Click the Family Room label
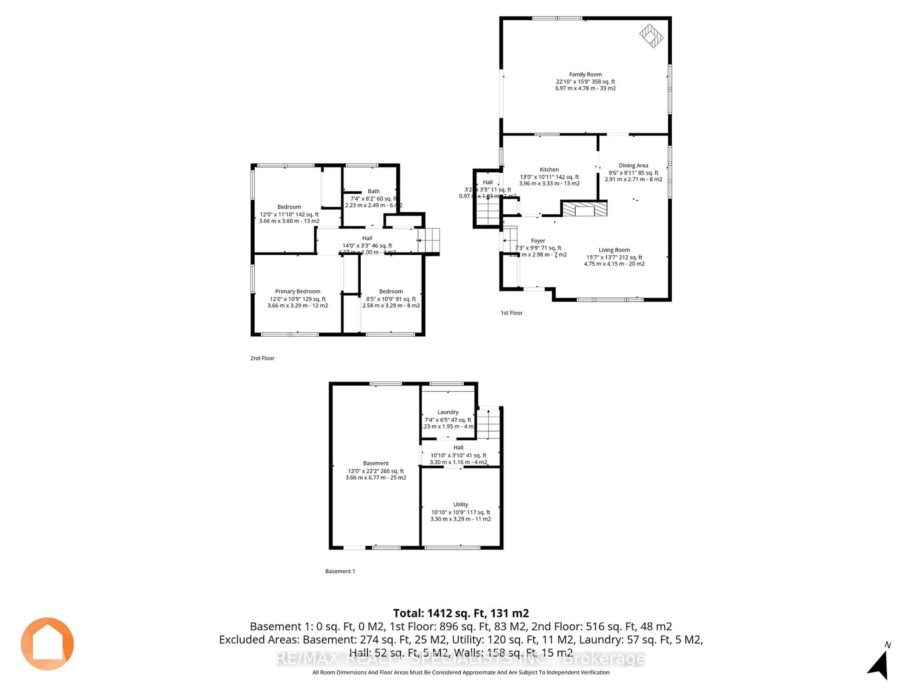pyautogui.click(x=585, y=75)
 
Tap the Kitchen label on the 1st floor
pyautogui.click(x=549, y=170)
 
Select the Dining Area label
pyautogui.click(x=633, y=165)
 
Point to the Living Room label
pyautogui.click(x=614, y=250)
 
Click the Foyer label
pyautogui.click(x=538, y=241)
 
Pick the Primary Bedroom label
pyautogui.click(x=297, y=292)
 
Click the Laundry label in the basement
pyautogui.click(x=448, y=412)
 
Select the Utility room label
pyautogui.click(x=461, y=504)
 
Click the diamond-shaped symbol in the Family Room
pyautogui.click(x=651, y=36)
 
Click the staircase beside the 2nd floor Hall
pyautogui.click(x=429, y=240)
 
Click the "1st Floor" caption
pyautogui.click(x=511, y=313)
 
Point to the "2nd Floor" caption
pyautogui.click(x=262, y=358)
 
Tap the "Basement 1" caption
pyautogui.click(x=340, y=571)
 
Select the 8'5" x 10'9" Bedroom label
pyautogui.click(x=391, y=292)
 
